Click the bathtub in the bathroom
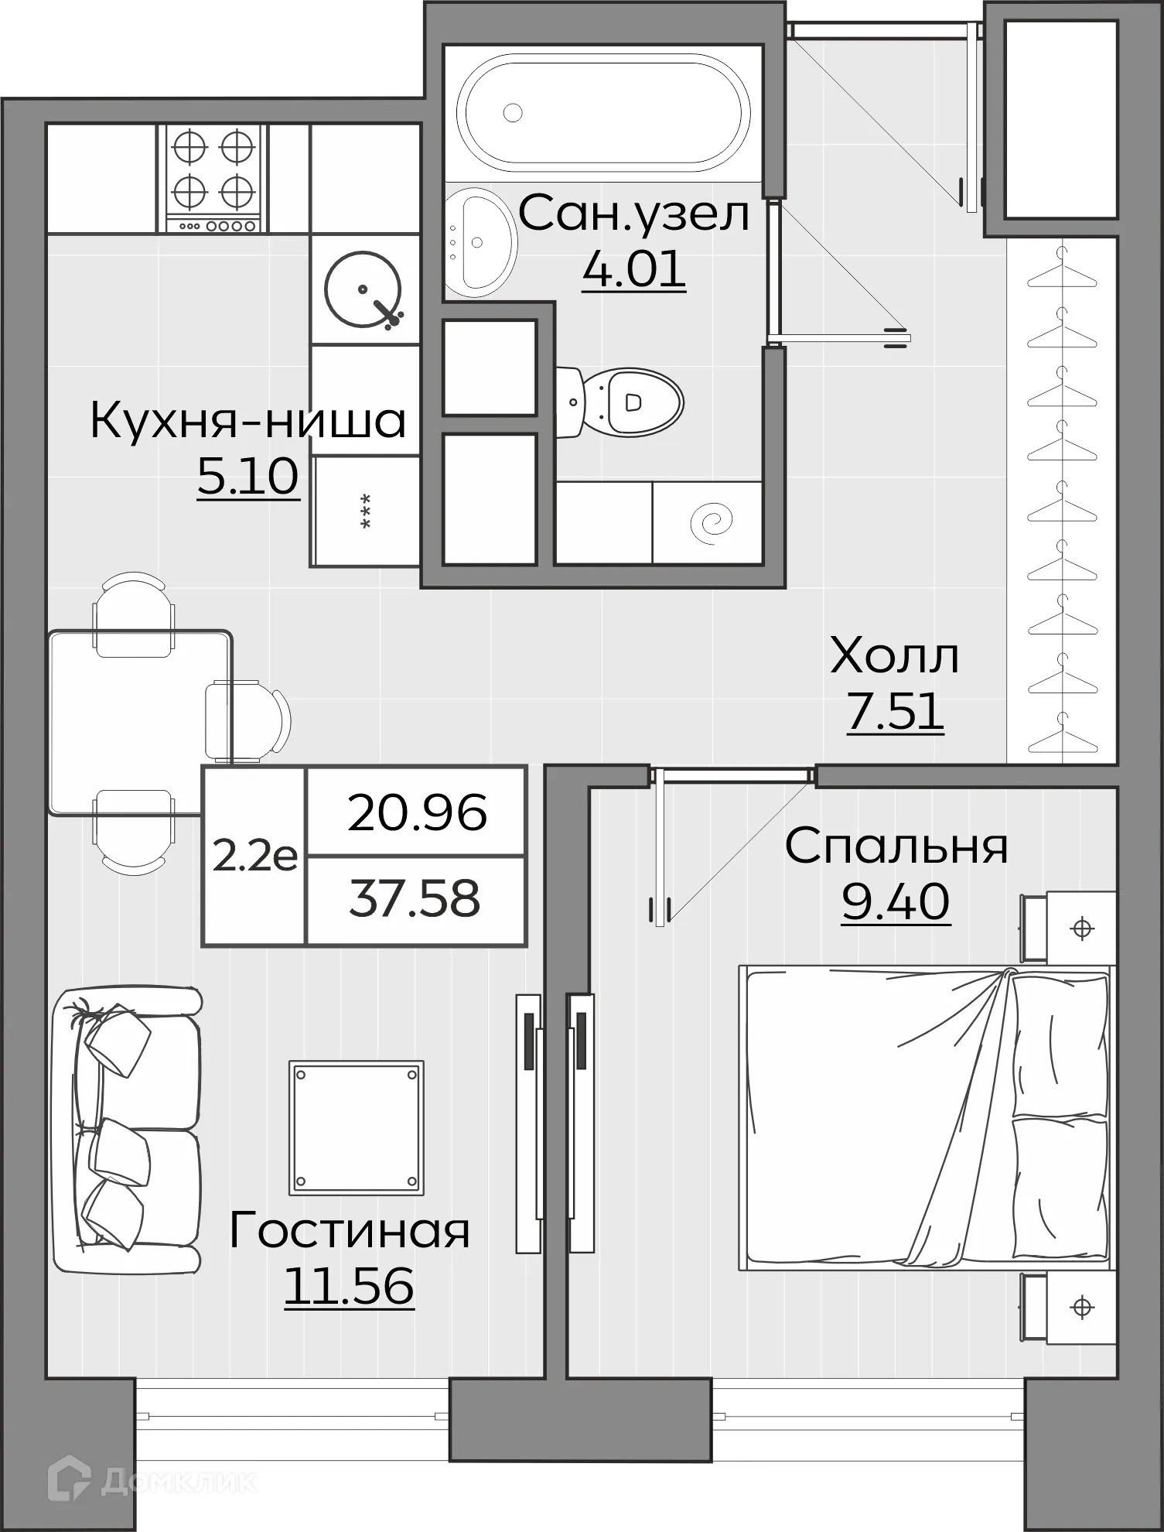[x=603, y=111]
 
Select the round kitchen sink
[x=363, y=289]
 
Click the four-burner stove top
[x=213, y=178]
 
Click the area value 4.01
[x=633, y=268]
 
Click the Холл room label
[x=895, y=656]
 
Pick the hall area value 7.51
[x=895, y=710]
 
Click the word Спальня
[x=896, y=846]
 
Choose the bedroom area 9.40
[x=896, y=901]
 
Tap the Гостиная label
[x=350, y=1230]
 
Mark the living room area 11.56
[x=350, y=1285]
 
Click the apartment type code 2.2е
[x=254, y=857]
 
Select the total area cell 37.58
[x=415, y=899]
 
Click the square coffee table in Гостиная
[x=357, y=1127]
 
